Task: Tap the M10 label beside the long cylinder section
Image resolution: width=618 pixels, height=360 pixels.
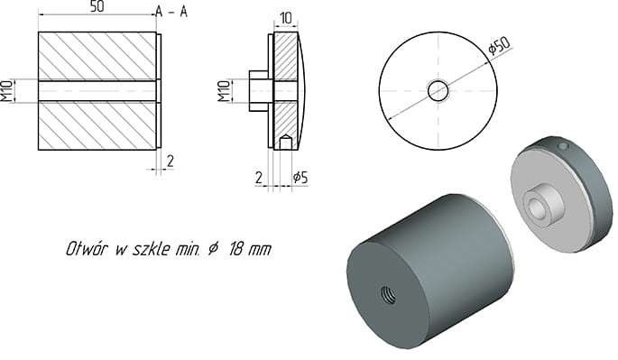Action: coord(7,90)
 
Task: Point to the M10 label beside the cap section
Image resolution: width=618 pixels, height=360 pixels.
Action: coord(224,90)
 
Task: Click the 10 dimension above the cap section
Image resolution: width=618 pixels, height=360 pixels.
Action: coord(285,18)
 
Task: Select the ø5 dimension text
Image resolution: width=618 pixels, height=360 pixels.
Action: coord(298,178)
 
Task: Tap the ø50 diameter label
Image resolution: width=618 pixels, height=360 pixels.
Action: coord(498,47)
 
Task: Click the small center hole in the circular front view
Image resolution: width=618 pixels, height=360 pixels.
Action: coord(438,90)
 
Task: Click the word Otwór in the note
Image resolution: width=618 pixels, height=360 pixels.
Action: coord(88,248)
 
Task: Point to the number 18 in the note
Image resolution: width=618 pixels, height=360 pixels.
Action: coord(235,248)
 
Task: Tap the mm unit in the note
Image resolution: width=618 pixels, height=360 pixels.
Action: coord(261,248)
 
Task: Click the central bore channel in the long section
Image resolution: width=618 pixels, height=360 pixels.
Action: coord(97,90)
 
